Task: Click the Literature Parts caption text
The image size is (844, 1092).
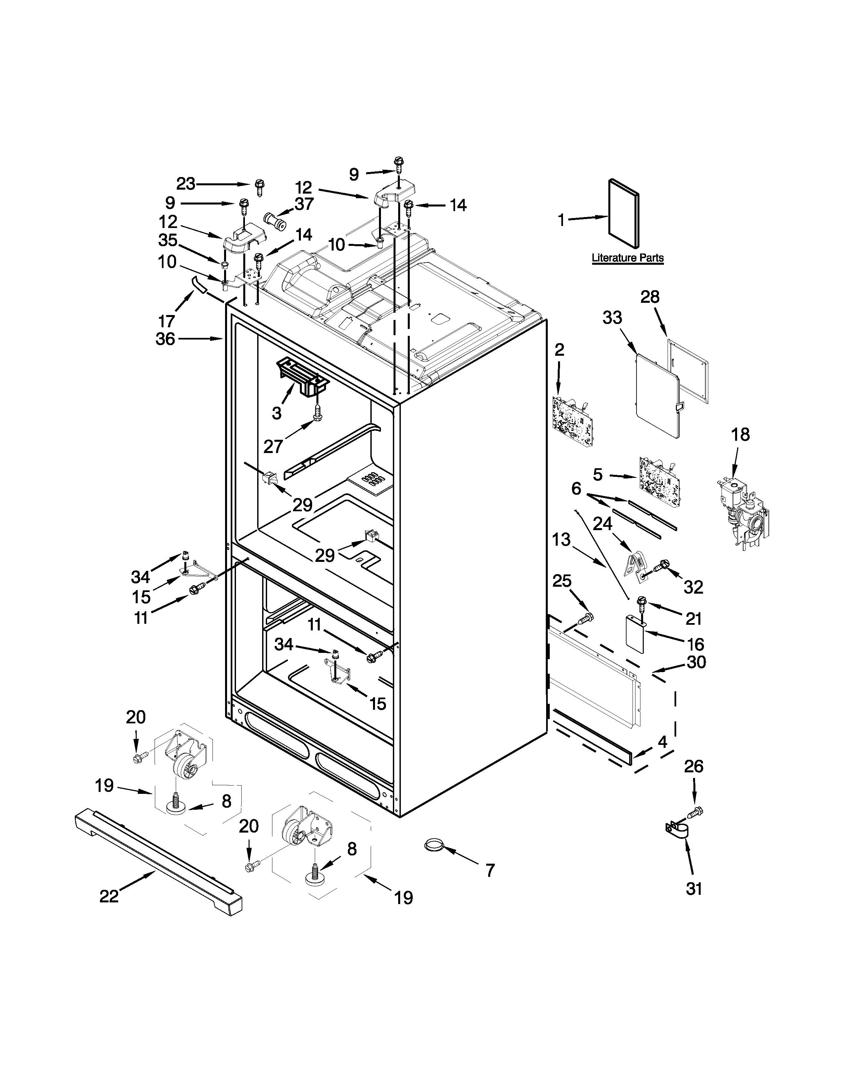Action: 628,258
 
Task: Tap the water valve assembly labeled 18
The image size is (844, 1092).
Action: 741,513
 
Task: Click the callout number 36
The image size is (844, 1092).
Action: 165,339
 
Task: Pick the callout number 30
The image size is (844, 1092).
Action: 696,662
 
